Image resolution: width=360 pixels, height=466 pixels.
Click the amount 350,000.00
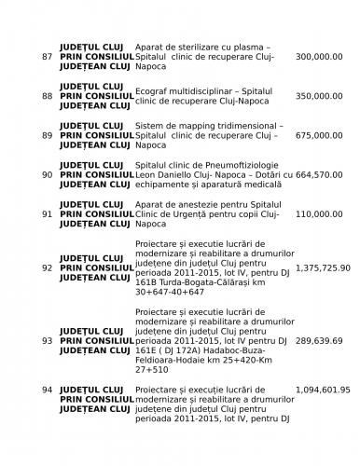320,96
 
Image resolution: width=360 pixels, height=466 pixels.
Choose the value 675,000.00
320,135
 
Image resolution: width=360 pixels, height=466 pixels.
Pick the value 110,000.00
320,213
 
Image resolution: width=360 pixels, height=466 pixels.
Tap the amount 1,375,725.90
323,267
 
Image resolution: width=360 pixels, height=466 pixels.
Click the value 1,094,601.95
323,390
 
